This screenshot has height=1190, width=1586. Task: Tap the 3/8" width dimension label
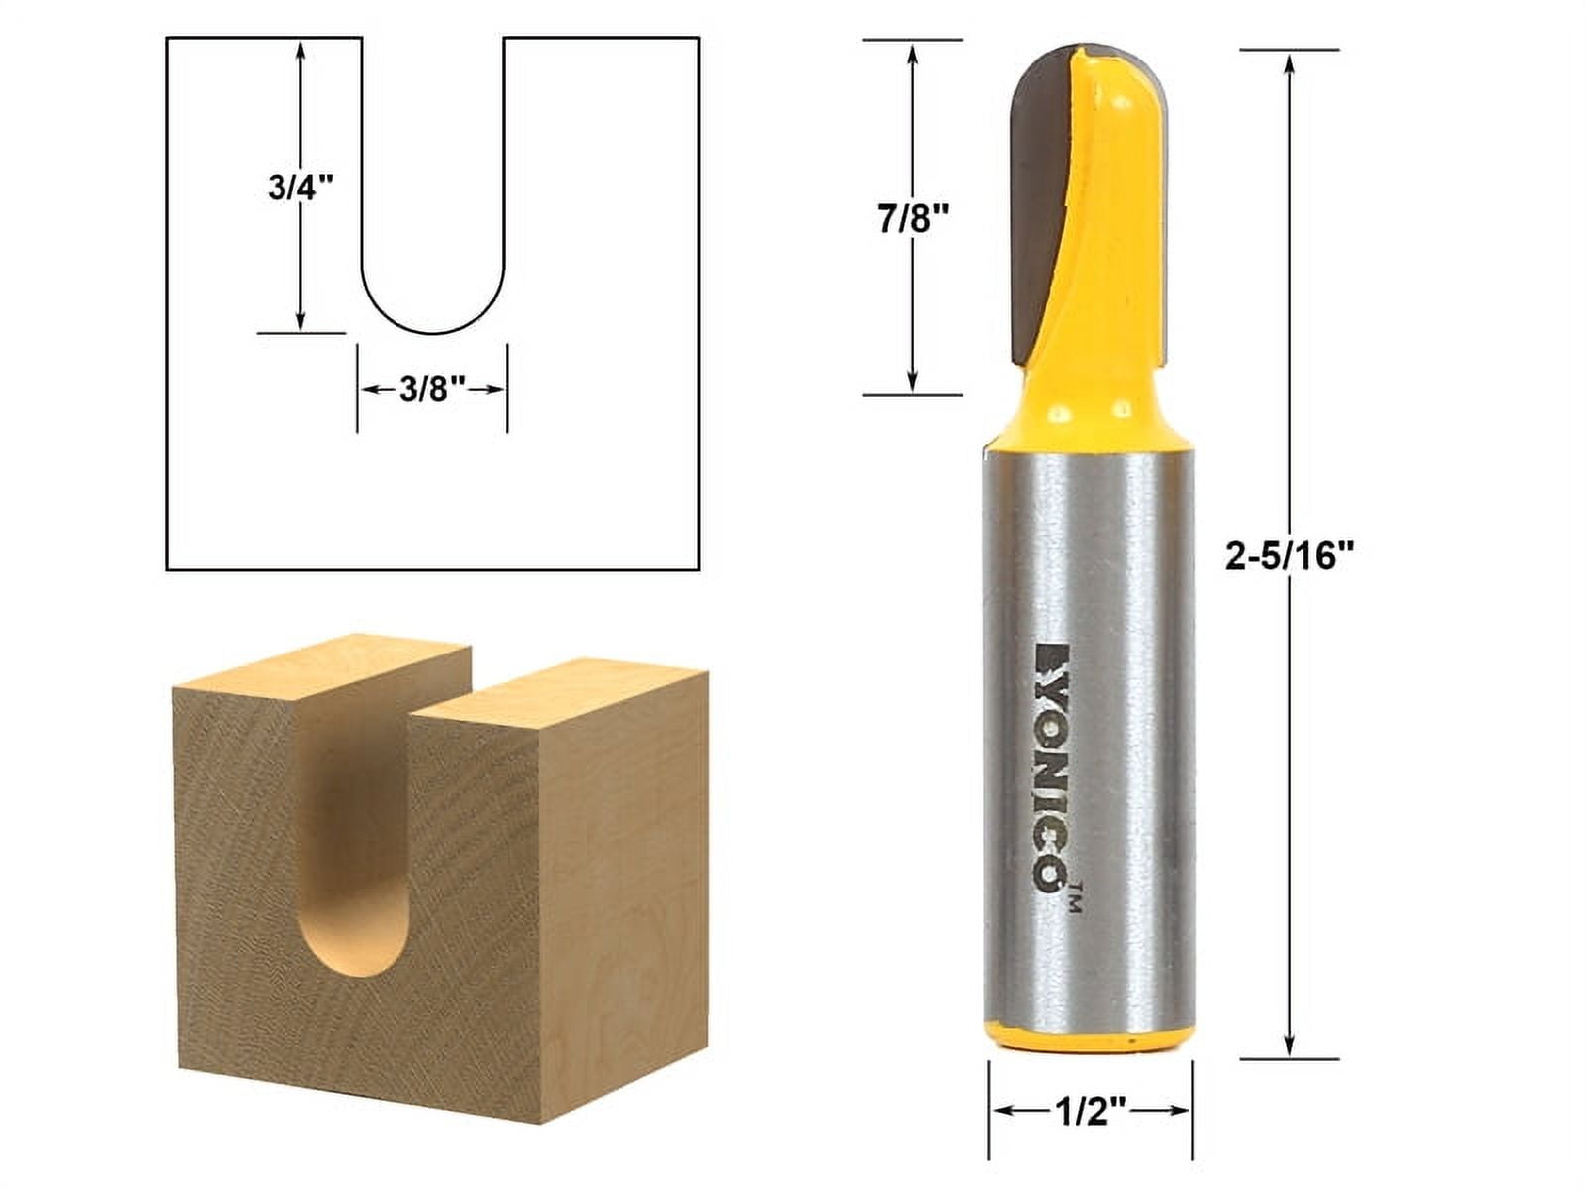[432, 391]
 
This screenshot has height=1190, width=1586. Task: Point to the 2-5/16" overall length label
[1289, 558]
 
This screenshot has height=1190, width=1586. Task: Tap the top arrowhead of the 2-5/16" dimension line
[1289, 65]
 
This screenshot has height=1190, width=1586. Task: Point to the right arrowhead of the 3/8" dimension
[496, 391]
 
